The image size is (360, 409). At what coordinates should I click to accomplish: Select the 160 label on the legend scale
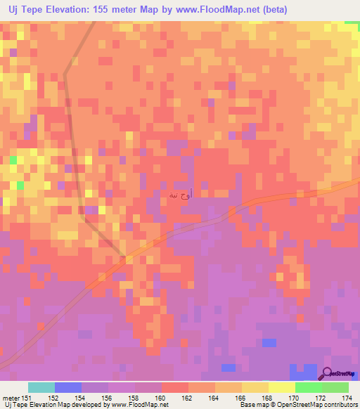161,398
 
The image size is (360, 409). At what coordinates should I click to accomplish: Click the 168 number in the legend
268,398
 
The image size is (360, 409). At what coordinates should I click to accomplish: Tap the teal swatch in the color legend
41,387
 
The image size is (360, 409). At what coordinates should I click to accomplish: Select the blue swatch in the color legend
68,387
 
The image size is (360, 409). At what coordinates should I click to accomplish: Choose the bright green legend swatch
309,387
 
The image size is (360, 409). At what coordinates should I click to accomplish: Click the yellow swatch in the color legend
282,387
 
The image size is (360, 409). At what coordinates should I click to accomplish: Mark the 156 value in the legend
108,398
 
